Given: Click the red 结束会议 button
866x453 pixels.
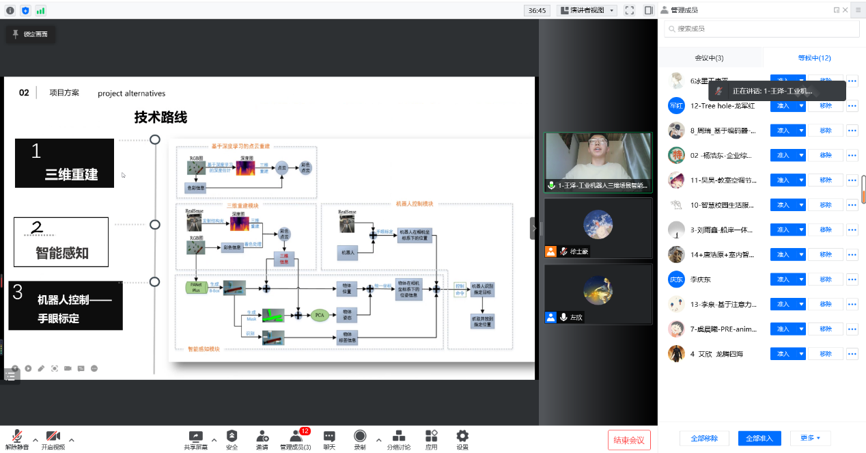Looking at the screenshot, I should coord(629,439).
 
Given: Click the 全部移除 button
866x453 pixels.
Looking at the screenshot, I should coord(704,438).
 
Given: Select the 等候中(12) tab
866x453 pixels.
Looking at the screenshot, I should coord(814,58).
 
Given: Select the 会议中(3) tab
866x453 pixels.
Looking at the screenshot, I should coord(709,58).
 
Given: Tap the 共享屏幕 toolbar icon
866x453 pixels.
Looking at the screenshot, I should coord(195,439).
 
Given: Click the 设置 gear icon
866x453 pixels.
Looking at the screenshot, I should coord(462,439).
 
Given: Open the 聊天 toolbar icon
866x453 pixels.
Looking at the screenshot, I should coord(329,439).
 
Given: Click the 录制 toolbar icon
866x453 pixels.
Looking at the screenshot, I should coord(360,439).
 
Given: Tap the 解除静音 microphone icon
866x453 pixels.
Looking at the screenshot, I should coord(17,439).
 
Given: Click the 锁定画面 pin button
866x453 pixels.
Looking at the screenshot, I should coord(31,34).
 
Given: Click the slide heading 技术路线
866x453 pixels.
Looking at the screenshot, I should coord(160,118).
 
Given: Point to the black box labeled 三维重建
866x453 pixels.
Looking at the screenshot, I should coord(65,163).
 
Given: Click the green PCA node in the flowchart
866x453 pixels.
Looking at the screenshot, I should coord(319,315).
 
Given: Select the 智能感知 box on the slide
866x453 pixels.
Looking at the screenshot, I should coord(61,242).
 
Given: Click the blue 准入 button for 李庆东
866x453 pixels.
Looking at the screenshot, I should coord(783,279).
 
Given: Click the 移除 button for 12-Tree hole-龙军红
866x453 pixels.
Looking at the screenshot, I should coord(825,106).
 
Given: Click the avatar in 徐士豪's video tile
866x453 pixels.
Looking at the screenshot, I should coord(598,224).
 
